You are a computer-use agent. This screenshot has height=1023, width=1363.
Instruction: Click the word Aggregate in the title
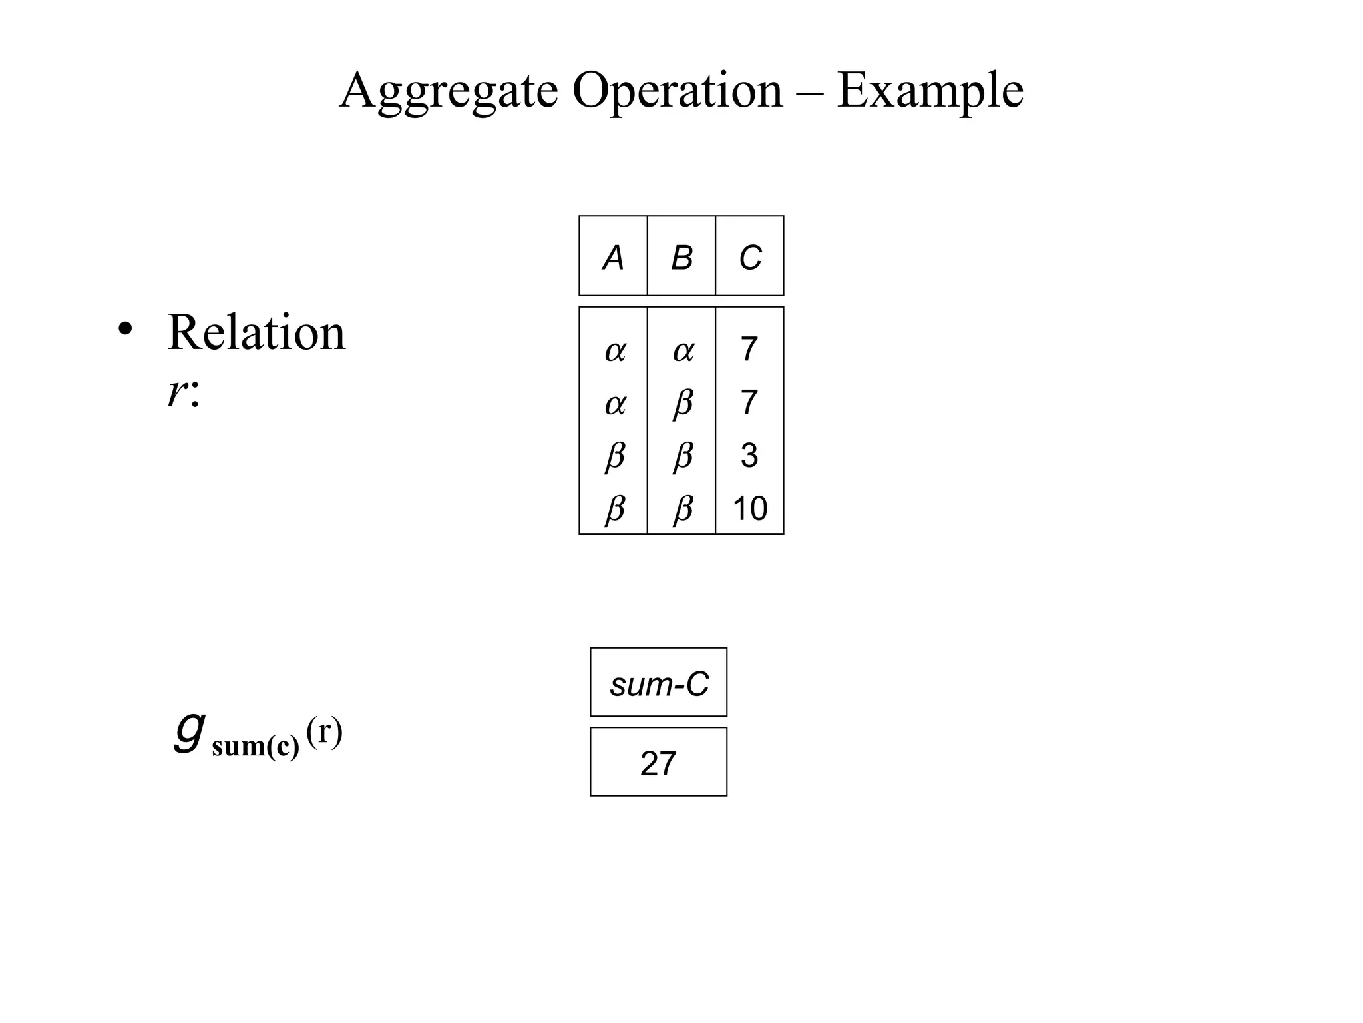448,91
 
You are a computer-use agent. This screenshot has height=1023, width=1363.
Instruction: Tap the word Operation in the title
677,91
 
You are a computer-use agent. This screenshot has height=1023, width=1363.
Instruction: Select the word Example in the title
930,91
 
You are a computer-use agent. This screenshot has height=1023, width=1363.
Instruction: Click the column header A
613,258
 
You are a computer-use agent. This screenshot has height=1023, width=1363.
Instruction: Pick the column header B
681,258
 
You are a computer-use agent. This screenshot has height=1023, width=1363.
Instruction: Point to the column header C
750,258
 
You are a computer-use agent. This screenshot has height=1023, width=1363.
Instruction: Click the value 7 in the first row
749,349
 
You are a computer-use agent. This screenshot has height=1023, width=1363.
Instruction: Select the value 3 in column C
749,456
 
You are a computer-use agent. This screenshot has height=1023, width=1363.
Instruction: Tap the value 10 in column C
749,509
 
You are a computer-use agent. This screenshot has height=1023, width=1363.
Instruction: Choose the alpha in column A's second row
615,404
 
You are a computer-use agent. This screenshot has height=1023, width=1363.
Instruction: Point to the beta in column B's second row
683,404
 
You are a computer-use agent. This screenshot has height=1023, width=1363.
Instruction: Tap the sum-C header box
659,683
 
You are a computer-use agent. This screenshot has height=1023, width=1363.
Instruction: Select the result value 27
658,763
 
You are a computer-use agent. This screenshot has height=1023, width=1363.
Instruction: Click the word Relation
256,332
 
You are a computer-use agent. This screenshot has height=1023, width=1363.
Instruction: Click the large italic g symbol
189,731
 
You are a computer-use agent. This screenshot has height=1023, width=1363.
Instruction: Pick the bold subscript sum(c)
256,747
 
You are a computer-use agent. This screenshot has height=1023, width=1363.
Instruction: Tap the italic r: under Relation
182,393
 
